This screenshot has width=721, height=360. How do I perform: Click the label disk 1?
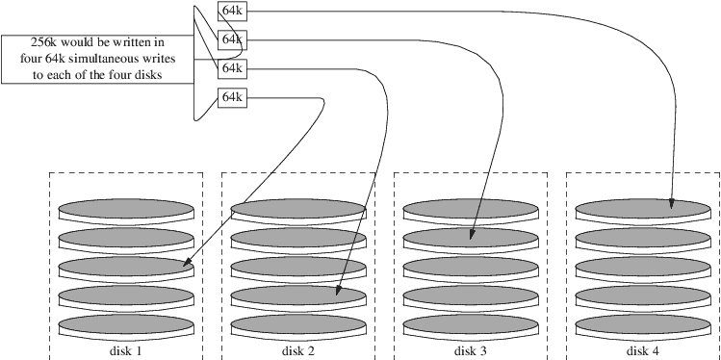[126, 350]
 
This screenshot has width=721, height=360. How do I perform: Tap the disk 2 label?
[298, 350]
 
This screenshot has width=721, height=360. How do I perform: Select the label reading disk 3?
[471, 350]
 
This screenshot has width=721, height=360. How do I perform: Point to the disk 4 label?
[643, 350]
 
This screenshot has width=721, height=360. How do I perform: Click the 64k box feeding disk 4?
[232, 11]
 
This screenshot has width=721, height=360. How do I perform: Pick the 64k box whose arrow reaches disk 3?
[232, 40]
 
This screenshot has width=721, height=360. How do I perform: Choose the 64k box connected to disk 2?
[232, 69]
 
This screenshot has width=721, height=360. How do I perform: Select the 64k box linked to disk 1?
[232, 97]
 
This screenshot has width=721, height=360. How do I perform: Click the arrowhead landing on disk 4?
[671, 204]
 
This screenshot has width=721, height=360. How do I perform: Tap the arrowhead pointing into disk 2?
[339, 290]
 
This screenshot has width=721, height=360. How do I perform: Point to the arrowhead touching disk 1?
[187, 263]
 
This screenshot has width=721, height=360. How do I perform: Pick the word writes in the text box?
[161, 59]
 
